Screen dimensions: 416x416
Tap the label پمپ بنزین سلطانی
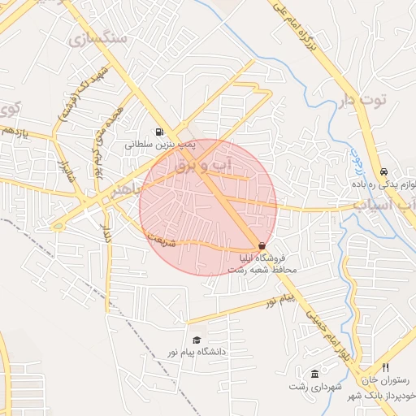[x=160, y=144]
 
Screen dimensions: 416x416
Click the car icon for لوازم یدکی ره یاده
[x=383, y=172]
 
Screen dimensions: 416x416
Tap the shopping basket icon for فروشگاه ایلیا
[x=262, y=245]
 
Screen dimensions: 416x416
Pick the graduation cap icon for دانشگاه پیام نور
[x=196, y=340]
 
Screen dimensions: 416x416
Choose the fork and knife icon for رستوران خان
[x=385, y=368]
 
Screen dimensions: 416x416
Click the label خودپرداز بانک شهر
[x=382, y=395]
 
